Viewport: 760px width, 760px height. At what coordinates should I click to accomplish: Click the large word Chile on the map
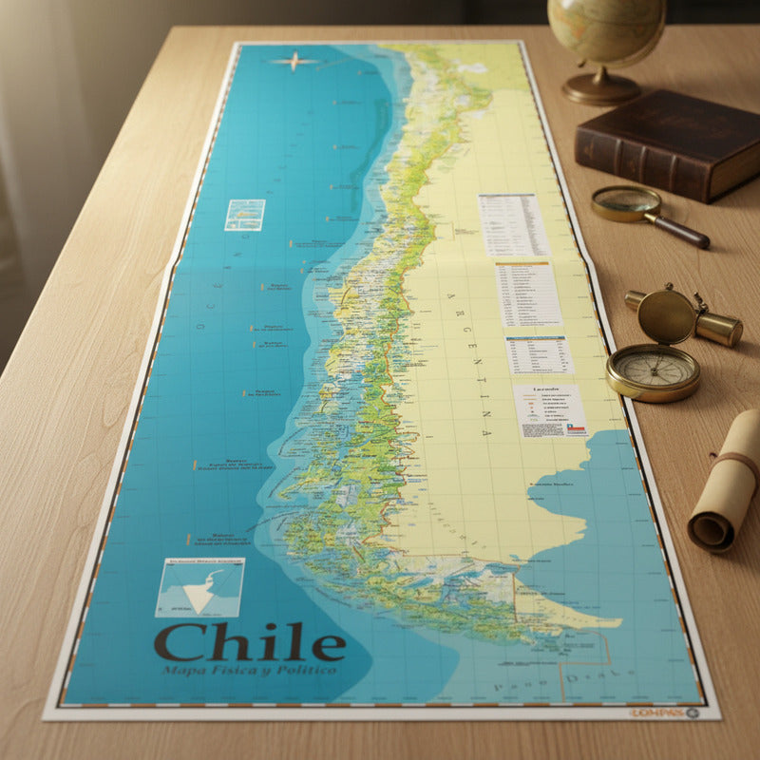250,643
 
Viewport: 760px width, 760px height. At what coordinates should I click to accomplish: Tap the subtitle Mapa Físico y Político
249,671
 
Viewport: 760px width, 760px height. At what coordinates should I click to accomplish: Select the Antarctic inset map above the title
199,587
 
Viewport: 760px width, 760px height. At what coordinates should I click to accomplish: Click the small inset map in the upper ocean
244,215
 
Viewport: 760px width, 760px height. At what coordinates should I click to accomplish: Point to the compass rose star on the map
294,62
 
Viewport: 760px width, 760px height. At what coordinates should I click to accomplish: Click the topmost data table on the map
513,225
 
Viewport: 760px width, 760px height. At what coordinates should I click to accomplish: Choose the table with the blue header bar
539,354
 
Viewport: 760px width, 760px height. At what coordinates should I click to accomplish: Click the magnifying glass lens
626,202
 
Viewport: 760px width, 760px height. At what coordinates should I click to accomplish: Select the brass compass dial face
653,370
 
